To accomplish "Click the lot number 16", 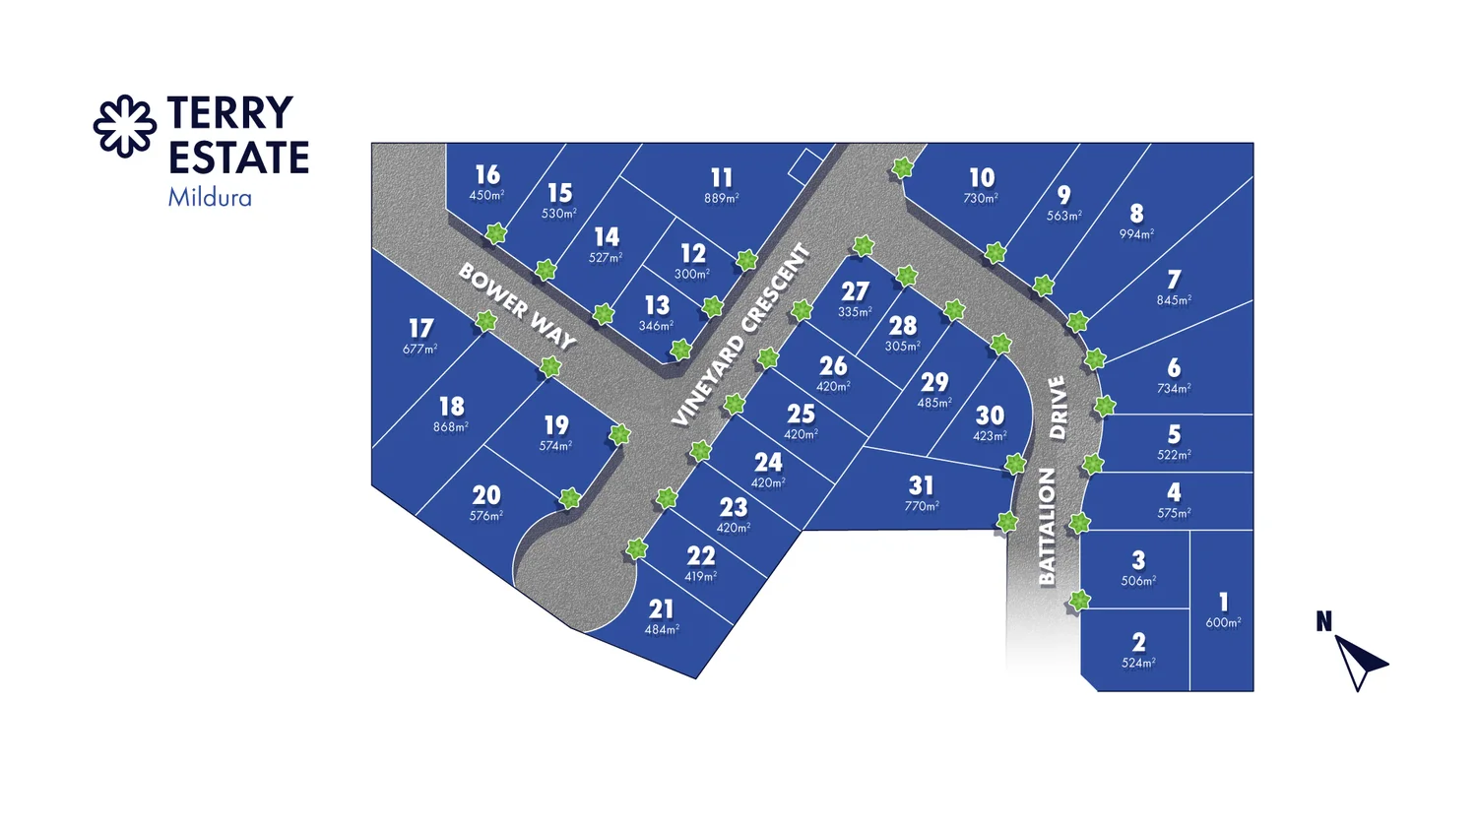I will pyautogui.click(x=487, y=174).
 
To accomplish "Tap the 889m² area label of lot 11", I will pyautogui.click(x=722, y=199).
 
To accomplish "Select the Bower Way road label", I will pyautogui.click(x=517, y=305).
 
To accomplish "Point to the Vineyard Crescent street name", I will pyautogui.click(x=741, y=335).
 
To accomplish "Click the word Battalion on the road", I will pyautogui.click(x=1047, y=527).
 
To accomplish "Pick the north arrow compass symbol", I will pyautogui.click(x=1359, y=660).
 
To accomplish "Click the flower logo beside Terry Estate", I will pyautogui.click(x=125, y=126).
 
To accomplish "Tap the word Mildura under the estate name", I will pyautogui.click(x=210, y=198).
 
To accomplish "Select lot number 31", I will pyautogui.click(x=921, y=485).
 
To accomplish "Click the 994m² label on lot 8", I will pyautogui.click(x=1136, y=234).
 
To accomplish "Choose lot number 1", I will pyautogui.click(x=1224, y=602).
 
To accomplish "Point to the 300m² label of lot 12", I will pyautogui.click(x=692, y=275).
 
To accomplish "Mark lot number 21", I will pyautogui.click(x=662, y=609).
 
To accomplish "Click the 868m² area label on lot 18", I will pyautogui.click(x=451, y=427).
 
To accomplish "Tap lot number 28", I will pyautogui.click(x=903, y=325).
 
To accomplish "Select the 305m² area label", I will pyautogui.click(x=903, y=347).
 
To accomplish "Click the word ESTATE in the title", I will pyautogui.click(x=238, y=158).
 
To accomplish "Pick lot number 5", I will pyautogui.click(x=1174, y=434).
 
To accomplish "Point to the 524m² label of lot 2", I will pyautogui.click(x=1138, y=664).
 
